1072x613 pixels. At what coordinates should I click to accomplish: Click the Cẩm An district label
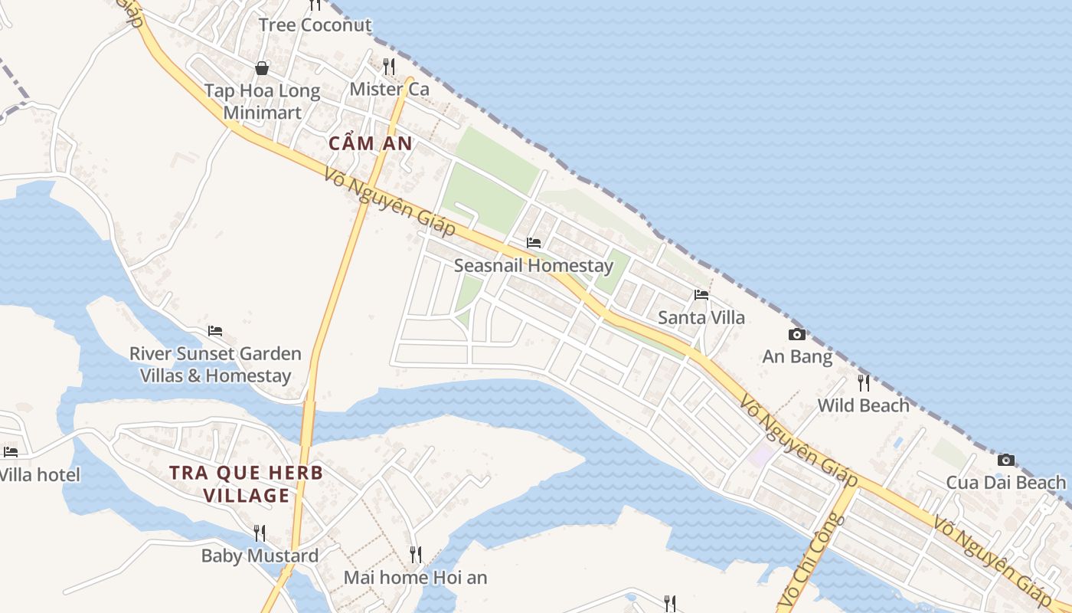pyautogui.click(x=370, y=143)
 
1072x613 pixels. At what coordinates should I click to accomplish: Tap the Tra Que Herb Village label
pyautogui.click(x=247, y=484)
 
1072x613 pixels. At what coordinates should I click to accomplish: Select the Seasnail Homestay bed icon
pyautogui.click(x=534, y=243)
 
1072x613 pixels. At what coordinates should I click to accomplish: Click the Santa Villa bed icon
pyautogui.click(x=701, y=295)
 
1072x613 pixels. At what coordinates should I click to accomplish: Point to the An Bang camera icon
pyautogui.click(x=797, y=334)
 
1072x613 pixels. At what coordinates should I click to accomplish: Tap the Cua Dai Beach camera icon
pyautogui.click(x=1006, y=460)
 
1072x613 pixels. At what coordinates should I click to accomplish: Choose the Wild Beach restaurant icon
pyautogui.click(x=864, y=382)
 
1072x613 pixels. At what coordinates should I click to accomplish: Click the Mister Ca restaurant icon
pyautogui.click(x=389, y=66)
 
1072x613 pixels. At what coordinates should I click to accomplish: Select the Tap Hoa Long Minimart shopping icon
pyautogui.click(x=262, y=68)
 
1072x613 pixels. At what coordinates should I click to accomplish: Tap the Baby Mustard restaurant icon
pyautogui.click(x=260, y=533)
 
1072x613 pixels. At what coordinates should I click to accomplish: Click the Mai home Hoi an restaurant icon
pyautogui.click(x=415, y=554)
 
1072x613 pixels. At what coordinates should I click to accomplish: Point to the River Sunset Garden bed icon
pyautogui.click(x=215, y=331)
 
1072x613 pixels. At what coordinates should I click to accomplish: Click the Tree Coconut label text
pyautogui.click(x=315, y=25)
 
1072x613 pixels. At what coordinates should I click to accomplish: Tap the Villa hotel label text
pyautogui.click(x=40, y=474)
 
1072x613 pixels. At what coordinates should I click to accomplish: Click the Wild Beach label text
pyautogui.click(x=864, y=405)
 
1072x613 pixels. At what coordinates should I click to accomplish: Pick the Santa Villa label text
pyautogui.click(x=701, y=317)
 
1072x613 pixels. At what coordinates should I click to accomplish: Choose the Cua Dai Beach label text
pyautogui.click(x=1006, y=483)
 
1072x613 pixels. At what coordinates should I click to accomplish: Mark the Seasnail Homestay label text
pyautogui.click(x=534, y=266)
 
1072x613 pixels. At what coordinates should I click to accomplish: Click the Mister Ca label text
pyautogui.click(x=389, y=89)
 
